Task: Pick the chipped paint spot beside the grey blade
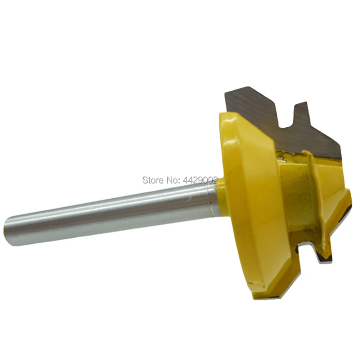280,156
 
